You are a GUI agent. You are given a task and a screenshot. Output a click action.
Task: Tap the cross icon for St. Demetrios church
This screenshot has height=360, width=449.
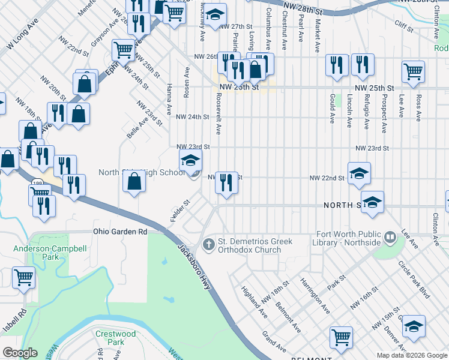(x=208, y=245)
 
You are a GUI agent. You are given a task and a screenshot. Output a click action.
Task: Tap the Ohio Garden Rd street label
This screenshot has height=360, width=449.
(x=120, y=231)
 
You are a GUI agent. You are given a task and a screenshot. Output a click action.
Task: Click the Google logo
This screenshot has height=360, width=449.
(x=20, y=353)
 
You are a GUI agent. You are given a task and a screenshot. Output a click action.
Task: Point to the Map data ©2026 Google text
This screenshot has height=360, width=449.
(x=412, y=355)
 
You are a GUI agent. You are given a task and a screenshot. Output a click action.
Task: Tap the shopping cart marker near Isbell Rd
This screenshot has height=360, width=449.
(x=24, y=278)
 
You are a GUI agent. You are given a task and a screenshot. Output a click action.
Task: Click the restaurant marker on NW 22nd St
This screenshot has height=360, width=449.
(x=226, y=182)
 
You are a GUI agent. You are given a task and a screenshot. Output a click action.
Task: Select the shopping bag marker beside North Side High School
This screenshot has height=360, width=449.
(x=134, y=181)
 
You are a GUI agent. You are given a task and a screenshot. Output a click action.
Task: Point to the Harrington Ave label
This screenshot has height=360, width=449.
(x=315, y=296)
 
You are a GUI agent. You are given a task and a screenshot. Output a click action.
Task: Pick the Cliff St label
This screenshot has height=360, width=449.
(x=404, y=25)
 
